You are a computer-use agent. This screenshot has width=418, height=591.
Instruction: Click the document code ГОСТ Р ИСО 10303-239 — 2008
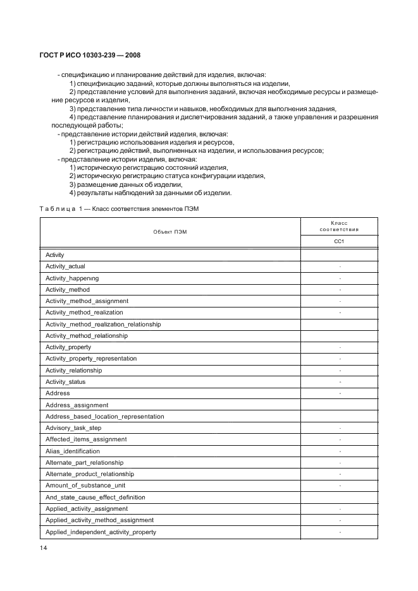[x=85, y=56]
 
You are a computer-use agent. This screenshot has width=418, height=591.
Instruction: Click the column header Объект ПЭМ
[x=170, y=232]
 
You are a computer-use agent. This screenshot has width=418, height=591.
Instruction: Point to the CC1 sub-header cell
[x=339, y=241]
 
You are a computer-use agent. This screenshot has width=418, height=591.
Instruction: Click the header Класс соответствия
[x=339, y=226]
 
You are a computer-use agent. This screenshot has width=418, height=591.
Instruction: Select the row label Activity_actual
[x=65, y=266]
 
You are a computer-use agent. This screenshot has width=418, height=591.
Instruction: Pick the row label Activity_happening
[x=72, y=278]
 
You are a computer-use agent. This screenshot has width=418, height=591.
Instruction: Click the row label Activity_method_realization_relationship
[x=103, y=324]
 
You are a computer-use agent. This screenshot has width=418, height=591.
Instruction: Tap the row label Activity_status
[x=65, y=382]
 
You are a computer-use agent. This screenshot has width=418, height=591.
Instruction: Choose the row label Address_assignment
[x=77, y=405]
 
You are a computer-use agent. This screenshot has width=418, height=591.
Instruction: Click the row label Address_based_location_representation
[x=104, y=417]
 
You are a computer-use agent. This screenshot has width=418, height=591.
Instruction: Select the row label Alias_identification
[x=73, y=451]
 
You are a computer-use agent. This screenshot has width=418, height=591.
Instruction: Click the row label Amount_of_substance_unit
[x=85, y=486]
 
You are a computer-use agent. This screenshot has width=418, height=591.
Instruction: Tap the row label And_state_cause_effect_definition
[x=95, y=498]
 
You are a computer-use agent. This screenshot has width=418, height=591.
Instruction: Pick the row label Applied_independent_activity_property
[x=101, y=532]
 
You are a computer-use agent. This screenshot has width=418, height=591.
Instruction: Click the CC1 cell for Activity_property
[x=339, y=347]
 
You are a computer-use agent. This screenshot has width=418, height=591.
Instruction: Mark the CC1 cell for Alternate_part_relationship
[x=339, y=463]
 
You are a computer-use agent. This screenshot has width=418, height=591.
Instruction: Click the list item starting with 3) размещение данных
[x=125, y=184]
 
